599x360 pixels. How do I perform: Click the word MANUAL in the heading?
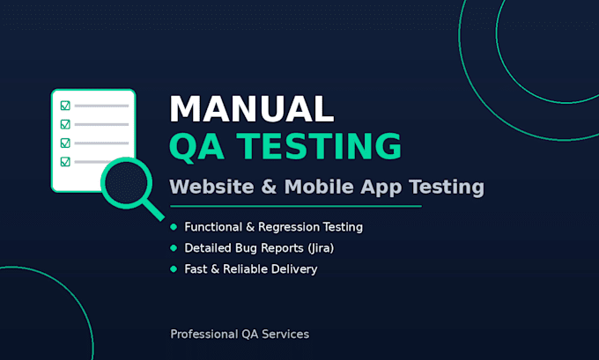(x=252, y=109)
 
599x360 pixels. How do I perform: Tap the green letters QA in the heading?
(x=196, y=147)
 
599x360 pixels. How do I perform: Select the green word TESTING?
(x=319, y=146)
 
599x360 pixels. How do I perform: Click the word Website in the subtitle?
(x=211, y=187)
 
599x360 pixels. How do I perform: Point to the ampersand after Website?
(x=269, y=187)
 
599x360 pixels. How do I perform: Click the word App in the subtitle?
(x=381, y=187)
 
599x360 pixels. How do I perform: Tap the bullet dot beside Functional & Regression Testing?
(x=174, y=227)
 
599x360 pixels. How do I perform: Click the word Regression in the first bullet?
(x=288, y=227)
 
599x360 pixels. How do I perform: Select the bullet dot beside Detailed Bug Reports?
(x=174, y=248)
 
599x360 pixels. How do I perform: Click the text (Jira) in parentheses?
(x=321, y=248)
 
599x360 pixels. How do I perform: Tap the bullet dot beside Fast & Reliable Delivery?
(x=174, y=269)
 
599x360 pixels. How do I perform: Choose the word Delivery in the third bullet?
(x=294, y=269)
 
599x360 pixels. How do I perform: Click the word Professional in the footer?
(x=204, y=334)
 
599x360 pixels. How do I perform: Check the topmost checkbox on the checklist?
(x=65, y=106)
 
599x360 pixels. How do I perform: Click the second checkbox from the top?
(x=65, y=124)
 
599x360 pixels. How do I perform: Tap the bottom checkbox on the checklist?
(x=65, y=161)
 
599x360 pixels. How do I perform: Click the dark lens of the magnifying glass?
(x=127, y=183)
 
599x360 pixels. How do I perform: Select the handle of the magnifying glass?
(x=153, y=210)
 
